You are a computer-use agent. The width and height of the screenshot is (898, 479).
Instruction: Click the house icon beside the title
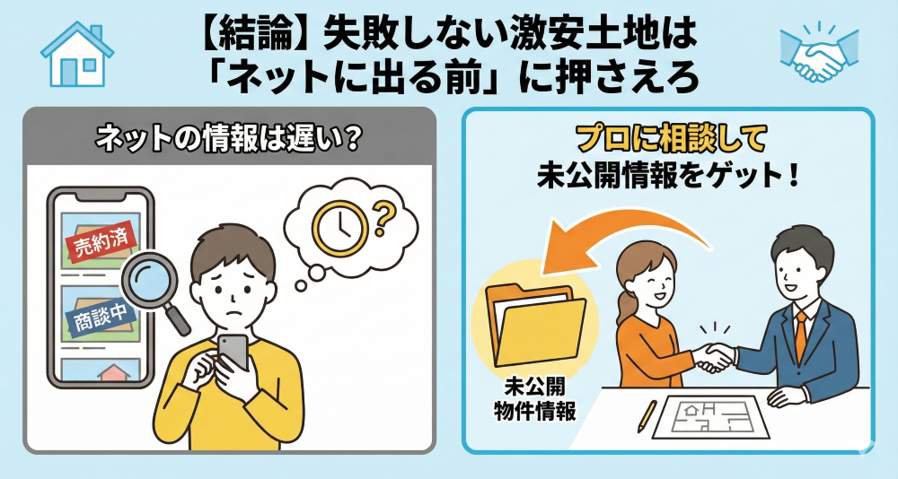(76, 55)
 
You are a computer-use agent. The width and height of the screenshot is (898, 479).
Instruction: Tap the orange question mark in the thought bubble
(384, 219)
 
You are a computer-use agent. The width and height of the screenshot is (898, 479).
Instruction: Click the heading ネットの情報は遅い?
(228, 140)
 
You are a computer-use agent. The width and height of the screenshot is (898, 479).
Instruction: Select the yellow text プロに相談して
(669, 140)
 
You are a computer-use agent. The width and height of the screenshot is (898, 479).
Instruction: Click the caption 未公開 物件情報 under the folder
(534, 398)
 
